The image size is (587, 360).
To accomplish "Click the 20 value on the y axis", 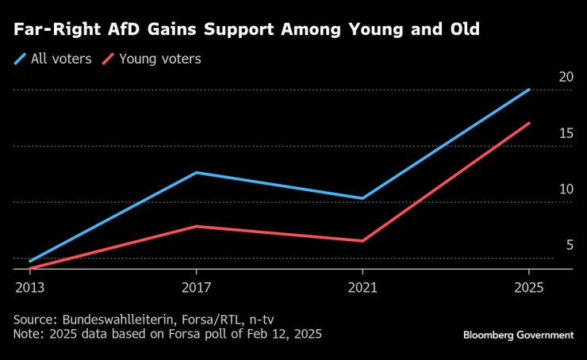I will point(566,77).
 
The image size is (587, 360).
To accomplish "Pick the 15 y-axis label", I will point(566,133).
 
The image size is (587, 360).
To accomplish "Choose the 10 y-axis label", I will point(566,189).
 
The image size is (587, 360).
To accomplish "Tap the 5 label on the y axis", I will point(569,245).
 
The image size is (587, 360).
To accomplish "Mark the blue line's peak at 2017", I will point(196,172).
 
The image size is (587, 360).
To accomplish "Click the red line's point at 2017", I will point(196,226).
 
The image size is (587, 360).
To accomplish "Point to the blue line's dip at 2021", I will point(363,198).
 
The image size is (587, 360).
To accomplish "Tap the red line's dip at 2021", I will point(363,241).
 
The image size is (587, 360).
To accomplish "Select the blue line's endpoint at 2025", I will point(530,90).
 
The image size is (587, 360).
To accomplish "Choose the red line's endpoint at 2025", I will point(530,123).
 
